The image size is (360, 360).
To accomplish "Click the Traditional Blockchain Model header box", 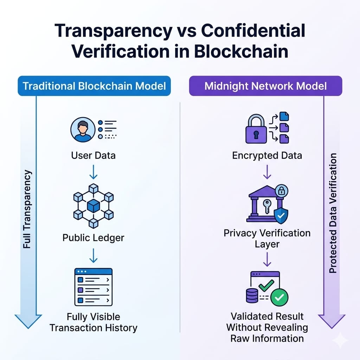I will click(x=94, y=86).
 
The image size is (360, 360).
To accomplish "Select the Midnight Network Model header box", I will click(x=265, y=86).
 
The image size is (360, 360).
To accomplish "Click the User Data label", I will click(x=93, y=155).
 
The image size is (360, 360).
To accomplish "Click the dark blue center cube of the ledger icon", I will click(x=93, y=206).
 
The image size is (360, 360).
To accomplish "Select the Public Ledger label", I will click(x=93, y=238).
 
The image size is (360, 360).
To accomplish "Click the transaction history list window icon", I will click(x=93, y=287).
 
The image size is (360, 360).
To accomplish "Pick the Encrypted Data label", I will click(x=267, y=155).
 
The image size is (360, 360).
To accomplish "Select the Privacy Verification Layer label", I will click(x=267, y=238).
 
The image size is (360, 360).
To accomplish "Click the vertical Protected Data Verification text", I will click(x=333, y=213).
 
